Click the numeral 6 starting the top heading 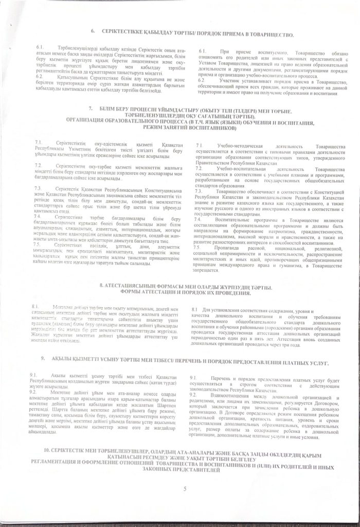pos(93,32)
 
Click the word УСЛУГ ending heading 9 pos(318,363)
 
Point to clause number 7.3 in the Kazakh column pos(39,189)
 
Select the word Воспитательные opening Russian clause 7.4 pos(231,219)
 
